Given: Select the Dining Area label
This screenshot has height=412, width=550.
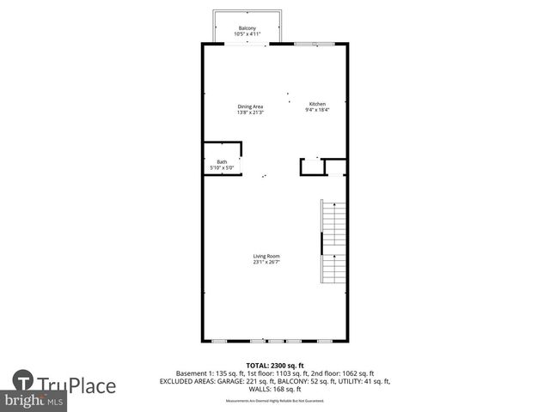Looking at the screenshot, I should (x=250, y=106).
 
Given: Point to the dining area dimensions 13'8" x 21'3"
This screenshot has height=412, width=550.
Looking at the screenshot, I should (x=250, y=112).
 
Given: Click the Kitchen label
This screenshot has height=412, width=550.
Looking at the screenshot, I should (x=318, y=104).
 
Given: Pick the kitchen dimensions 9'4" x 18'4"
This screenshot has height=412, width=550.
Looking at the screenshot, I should (x=318, y=110).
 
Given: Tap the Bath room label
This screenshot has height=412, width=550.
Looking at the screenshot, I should (x=222, y=161).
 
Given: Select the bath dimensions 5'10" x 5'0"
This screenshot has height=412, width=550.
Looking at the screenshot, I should (x=222, y=167).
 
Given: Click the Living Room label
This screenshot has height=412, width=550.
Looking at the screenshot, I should (x=266, y=256).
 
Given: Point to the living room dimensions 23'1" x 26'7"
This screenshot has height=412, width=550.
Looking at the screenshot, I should (x=266, y=262).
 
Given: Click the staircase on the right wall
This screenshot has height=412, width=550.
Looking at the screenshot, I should (x=333, y=242).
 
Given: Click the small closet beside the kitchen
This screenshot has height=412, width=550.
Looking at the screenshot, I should (x=314, y=167).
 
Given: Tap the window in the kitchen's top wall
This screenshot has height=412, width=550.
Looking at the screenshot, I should (x=308, y=43).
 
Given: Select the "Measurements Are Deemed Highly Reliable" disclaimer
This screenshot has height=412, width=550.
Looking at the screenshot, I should (x=275, y=401).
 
